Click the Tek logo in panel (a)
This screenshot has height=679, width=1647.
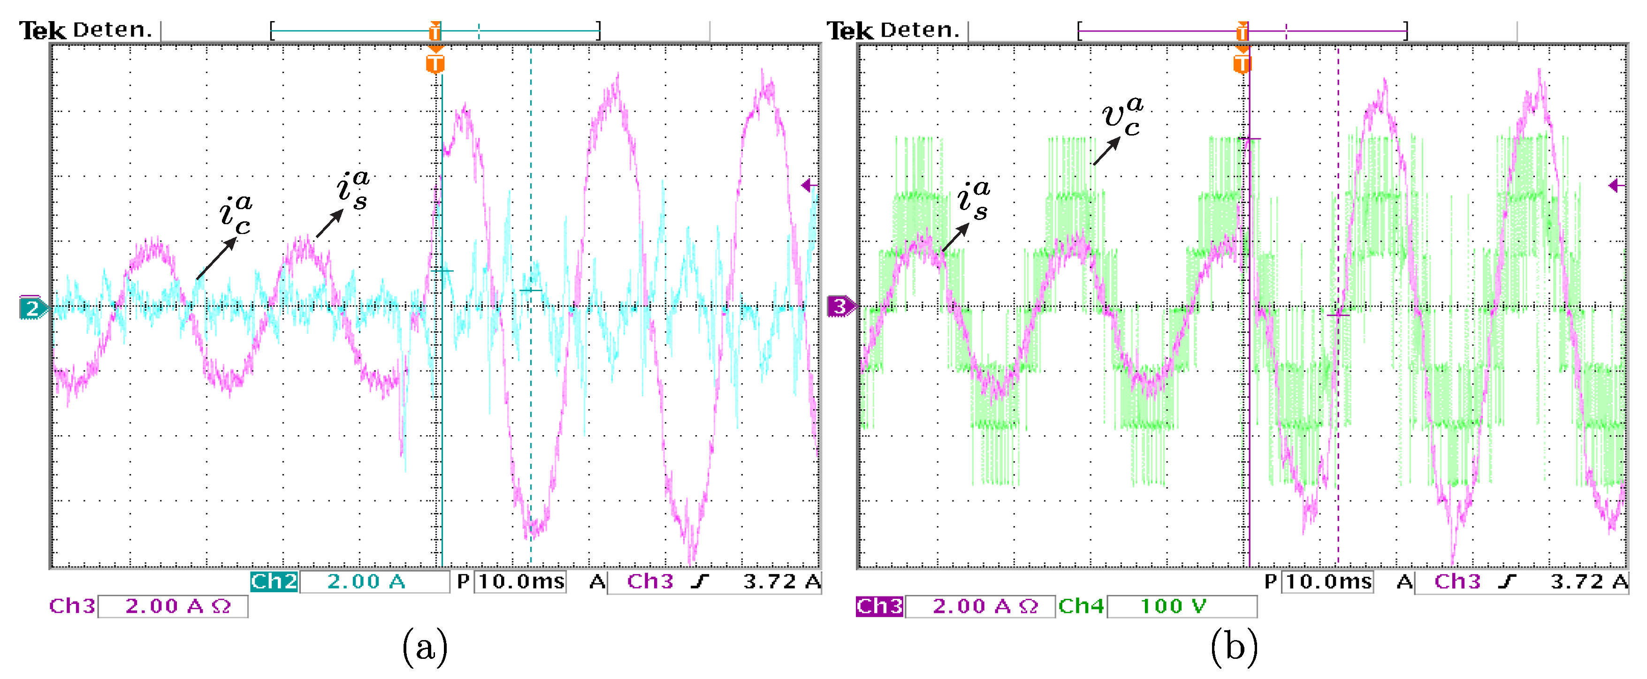click(x=42, y=30)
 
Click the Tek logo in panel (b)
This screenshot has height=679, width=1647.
click(x=849, y=30)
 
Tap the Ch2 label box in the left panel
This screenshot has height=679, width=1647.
click(x=274, y=581)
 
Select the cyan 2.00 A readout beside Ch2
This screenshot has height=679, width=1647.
click(x=366, y=581)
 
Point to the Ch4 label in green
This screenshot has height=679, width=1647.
click(x=1081, y=605)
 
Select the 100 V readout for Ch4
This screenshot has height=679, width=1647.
click(x=1173, y=605)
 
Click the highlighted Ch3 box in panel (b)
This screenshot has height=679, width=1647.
click(x=879, y=605)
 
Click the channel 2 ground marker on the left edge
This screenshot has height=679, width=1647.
click(x=32, y=309)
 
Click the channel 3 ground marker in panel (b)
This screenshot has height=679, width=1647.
click(x=839, y=307)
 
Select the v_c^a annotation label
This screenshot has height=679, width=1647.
click(x=1122, y=116)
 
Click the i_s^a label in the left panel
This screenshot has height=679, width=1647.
click(x=353, y=189)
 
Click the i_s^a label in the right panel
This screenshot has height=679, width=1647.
click(x=974, y=199)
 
